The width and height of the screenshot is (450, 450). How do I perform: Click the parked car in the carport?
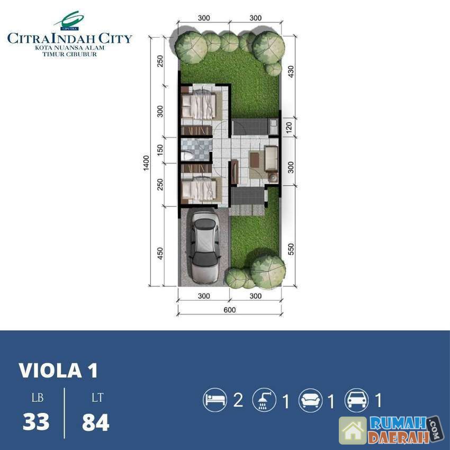coord(204,247)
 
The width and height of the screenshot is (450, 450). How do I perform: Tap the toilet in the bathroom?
coord(187,156)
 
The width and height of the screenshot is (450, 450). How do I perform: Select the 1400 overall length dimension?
coord(146,163)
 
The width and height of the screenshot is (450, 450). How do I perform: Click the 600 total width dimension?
coord(230,310)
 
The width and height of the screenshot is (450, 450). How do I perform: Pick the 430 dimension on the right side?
coord(291,72)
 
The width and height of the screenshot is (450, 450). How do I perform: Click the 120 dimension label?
coord(289,128)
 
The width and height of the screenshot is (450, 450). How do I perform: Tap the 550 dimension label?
coord(291,249)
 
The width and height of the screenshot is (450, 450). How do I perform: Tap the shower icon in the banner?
coord(264,400)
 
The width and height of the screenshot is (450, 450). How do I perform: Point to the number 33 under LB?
coord(36,422)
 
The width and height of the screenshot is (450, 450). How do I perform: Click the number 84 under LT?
coord(96,422)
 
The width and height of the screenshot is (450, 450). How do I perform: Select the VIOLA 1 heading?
coord(59,370)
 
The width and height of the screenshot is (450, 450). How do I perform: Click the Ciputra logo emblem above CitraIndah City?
coord(70,21)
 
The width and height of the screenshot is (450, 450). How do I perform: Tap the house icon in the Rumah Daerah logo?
coord(353,430)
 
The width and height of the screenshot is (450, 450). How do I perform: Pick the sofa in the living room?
coord(271,159)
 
